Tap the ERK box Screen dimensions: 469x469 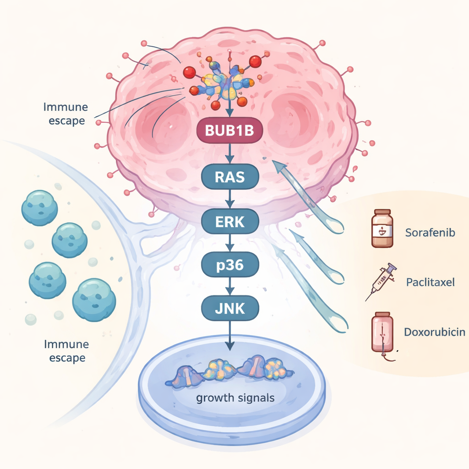coord(230,222)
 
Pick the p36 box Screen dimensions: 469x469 coord(230,266)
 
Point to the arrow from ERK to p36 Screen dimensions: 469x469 coord(230,244)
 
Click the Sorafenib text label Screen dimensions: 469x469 coord(430,232)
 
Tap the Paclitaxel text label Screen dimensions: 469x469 coord(430,282)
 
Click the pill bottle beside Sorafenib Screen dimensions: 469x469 coord(382,229)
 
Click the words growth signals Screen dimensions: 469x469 coord(235,397)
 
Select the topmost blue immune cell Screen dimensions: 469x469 coord(39,208)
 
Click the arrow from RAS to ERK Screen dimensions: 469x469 coord(230,199)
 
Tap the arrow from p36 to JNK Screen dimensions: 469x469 coord(230,287)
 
